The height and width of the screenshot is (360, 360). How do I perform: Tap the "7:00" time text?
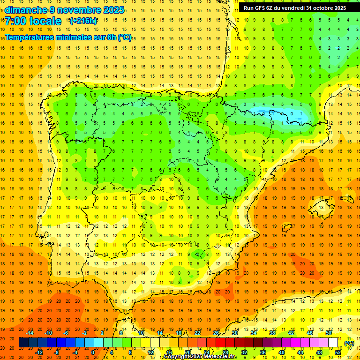click(x=15, y=21)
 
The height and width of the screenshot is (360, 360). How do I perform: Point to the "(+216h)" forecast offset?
click(x=83, y=21)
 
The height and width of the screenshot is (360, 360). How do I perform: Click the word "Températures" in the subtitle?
click(x=30, y=37)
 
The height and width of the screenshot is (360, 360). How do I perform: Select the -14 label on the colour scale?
click(x=30, y=333)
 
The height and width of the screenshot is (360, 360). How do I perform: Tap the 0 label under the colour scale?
click(x=93, y=352)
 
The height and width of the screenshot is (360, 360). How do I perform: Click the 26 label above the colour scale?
click(x=216, y=333)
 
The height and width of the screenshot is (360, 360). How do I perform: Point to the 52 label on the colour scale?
click(x=338, y=352)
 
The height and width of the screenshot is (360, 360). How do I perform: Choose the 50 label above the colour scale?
click(x=329, y=333)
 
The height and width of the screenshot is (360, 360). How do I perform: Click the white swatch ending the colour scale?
click(x=333, y=343)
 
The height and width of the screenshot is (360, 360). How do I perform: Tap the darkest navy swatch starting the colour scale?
click(x=23, y=343)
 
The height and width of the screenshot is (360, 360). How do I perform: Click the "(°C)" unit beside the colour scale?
click(x=349, y=343)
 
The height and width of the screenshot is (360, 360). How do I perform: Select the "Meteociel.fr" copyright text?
click(x=220, y=357)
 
